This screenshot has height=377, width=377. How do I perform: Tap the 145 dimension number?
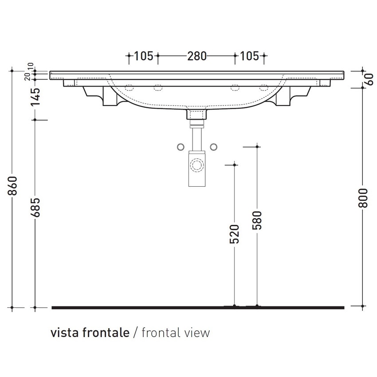[35, 96]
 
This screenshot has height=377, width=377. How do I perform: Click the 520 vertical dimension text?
[235, 234]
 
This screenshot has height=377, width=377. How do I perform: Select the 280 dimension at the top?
[196, 56]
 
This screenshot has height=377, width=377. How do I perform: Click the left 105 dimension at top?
[143, 56]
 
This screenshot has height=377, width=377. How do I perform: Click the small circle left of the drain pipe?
[181, 147]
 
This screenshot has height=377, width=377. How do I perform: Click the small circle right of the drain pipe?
[214, 147]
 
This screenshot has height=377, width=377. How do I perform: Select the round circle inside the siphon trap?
[197, 166]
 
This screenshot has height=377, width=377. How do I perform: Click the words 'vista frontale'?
[90, 333]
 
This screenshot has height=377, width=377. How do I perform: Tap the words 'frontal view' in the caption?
[175, 333]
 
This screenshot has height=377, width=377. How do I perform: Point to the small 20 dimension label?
[27, 76]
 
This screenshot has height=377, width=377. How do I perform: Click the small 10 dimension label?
[31, 67]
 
